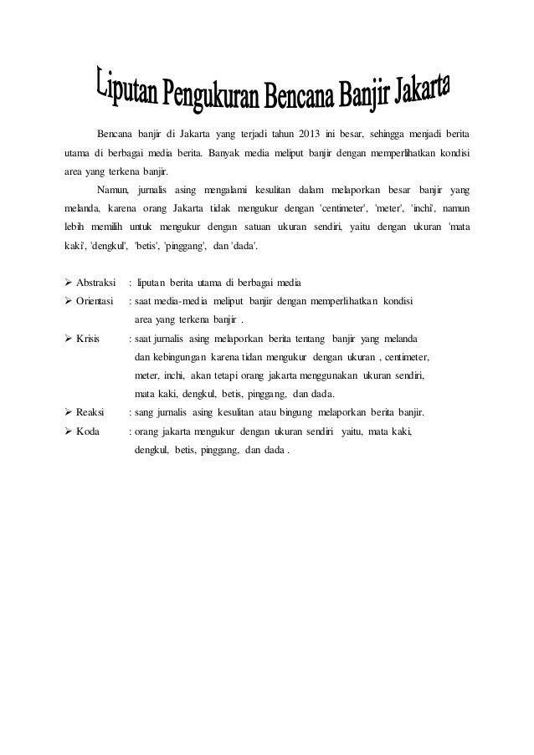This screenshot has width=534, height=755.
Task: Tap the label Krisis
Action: click(x=88, y=338)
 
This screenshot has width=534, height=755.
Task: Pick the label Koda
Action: click(x=88, y=431)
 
